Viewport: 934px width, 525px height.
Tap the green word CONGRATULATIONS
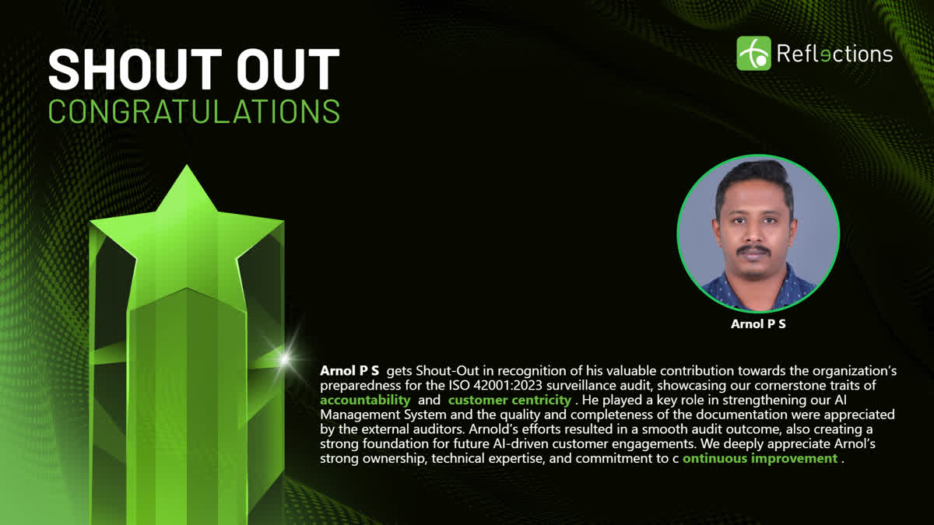(x=194, y=110)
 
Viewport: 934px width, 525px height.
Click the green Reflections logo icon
(x=753, y=54)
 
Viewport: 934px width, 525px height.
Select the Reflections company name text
(x=834, y=54)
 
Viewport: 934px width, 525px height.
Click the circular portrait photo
(x=758, y=234)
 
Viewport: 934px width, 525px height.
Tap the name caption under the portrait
(x=758, y=324)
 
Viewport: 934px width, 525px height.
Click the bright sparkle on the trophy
(x=285, y=359)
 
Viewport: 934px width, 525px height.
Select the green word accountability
(x=365, y=400)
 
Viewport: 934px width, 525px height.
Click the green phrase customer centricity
(x=510, y=400)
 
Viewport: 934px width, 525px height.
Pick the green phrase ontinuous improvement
(x=760, y=458)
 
